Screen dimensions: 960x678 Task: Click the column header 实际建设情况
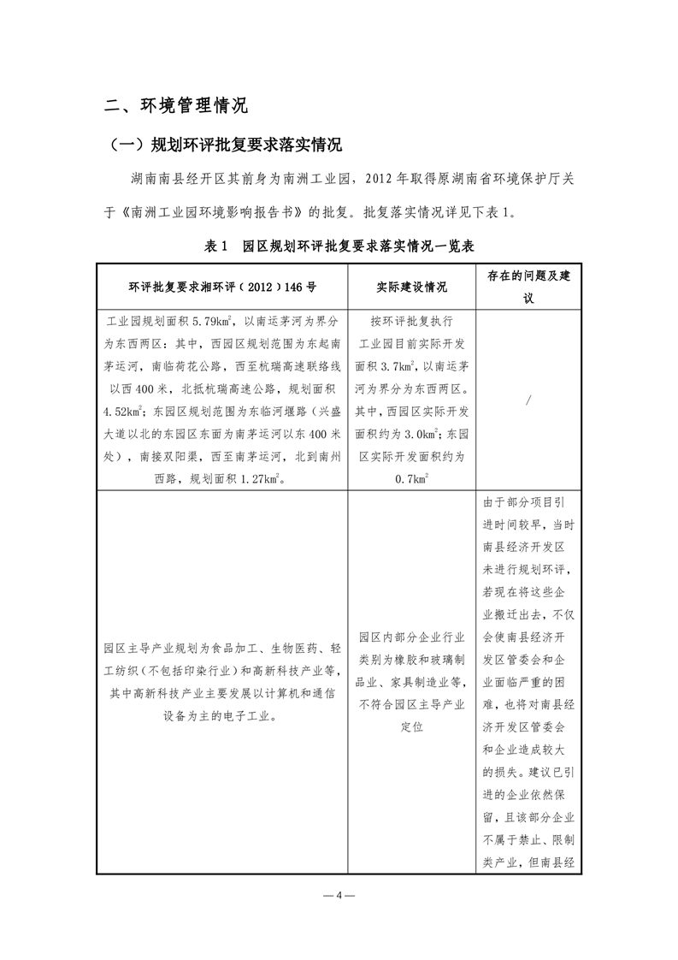[411, 287]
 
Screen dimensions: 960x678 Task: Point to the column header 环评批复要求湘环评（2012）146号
[222, 287]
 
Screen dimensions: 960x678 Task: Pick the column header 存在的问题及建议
[528, 287]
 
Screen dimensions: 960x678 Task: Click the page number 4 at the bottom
[339, 895]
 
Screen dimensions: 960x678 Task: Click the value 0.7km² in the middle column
[411, 480]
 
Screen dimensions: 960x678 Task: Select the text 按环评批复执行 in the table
[411, 322]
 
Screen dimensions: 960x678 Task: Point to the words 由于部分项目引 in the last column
[528, 502]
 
